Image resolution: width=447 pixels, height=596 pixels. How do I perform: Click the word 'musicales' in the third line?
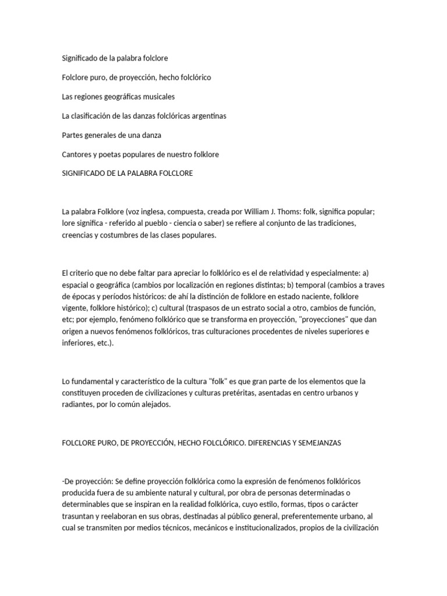tap(157, 97)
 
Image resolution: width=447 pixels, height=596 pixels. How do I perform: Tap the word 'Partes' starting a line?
tap(73, 135)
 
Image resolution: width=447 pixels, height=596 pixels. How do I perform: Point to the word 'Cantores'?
tap(76, 154)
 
